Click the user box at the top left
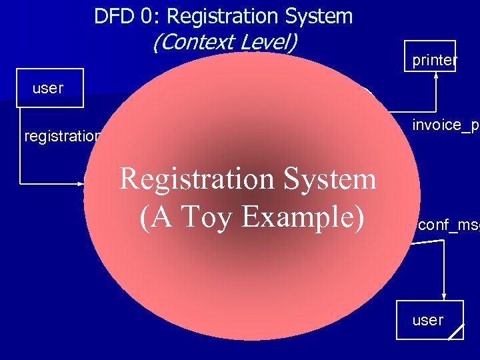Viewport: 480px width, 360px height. click(50, 88)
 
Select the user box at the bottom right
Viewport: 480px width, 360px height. click(429, 320)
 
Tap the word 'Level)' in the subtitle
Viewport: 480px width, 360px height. click(267, 43)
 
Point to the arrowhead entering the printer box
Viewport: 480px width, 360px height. click(436, 75)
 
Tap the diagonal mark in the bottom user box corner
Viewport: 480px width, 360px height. click(456, 332)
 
